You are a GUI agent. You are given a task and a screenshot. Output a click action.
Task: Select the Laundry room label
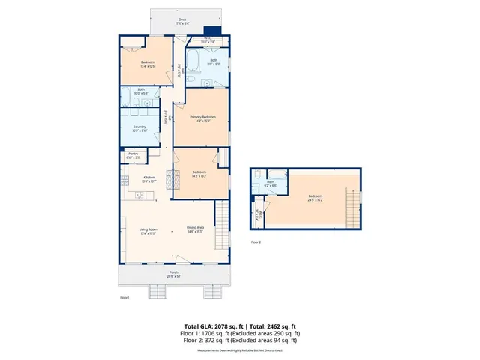coord(139,128)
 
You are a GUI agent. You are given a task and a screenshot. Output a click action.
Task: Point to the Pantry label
coord(133,156)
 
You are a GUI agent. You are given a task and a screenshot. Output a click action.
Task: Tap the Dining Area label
coord(196,229)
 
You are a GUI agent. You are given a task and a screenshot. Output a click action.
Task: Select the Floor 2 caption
coord(256,242)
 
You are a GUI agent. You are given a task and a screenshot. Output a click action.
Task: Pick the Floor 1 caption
coord(125,298)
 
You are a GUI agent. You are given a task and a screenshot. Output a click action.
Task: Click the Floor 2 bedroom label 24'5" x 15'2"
coord(304,197)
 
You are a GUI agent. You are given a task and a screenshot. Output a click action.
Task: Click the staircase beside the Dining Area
coord(220,226)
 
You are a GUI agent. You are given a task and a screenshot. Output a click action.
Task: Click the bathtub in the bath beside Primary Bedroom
coord(192,60)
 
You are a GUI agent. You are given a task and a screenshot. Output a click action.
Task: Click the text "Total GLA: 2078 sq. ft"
coord(214,327)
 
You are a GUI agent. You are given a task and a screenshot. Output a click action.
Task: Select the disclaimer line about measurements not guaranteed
coord(239,350)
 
